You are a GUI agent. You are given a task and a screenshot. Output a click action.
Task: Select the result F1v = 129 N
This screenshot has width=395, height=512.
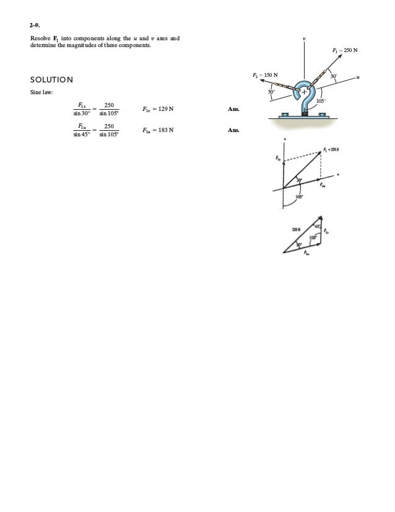[158, 109]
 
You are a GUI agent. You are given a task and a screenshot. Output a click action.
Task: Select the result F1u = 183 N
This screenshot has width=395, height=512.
[158, 131]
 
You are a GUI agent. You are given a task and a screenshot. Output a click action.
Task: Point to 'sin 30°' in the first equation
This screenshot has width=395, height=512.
[82, 114]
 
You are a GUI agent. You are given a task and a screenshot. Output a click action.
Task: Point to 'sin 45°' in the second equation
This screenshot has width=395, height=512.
[82, 135]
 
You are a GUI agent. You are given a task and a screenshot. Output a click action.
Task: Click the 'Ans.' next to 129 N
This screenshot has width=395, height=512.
[233, 109]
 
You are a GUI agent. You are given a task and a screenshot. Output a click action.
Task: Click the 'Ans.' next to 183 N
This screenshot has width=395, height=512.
[233, 131]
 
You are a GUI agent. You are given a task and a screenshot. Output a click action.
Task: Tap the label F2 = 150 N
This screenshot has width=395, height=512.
[265, 76]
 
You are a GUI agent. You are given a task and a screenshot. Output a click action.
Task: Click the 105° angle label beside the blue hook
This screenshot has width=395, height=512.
[321, 100]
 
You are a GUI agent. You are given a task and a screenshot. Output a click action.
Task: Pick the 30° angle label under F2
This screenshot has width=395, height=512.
[271, 92]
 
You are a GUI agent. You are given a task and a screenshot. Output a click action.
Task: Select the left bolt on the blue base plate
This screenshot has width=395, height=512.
[285, 115]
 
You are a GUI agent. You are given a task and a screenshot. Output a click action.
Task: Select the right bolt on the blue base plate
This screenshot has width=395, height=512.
[323, 115]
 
